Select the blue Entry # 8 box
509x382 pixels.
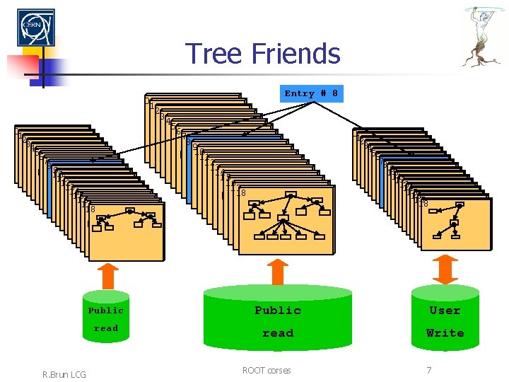(x=311, y=93)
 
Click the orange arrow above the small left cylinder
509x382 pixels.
(x=107, y=273)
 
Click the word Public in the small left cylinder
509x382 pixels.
(x=106, y=311)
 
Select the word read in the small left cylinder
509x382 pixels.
(x=106, y=328)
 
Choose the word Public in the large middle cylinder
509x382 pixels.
(x=278, y=311)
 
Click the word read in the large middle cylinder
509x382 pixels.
(x=278, y=333)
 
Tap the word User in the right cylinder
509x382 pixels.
(x=445, y=311)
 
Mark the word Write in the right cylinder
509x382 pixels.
(x=445, y=333)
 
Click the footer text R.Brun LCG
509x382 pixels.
(x=64, y=373)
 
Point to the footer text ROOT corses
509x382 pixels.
(x=267, y=370)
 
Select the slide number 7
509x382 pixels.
(x=428, y=370)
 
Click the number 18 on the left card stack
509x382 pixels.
(x=90, y=209)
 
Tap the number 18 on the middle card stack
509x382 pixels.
(x=241, y=193)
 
